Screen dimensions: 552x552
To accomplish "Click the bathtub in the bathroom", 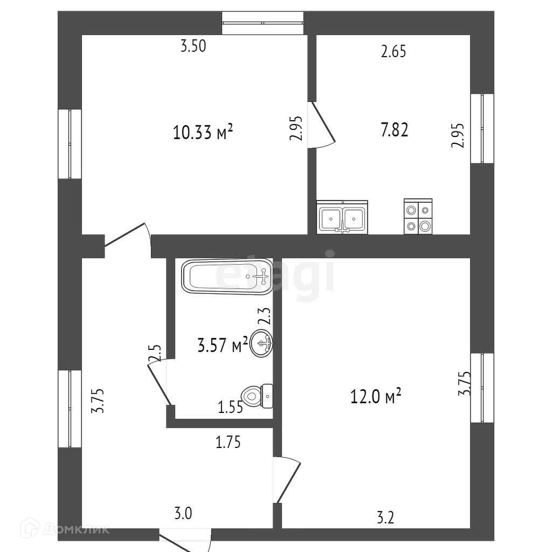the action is point(226,277).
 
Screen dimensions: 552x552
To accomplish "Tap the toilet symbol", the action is point(258,396).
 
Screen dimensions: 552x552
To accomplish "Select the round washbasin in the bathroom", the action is point(263,344).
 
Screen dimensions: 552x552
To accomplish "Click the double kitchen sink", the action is point(342,218).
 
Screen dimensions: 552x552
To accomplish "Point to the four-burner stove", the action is point(418,217).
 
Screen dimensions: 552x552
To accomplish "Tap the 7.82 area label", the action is point(394,130).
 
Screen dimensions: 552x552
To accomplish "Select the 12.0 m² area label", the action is point(376,397).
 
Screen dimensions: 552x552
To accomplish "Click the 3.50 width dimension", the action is point(193,46).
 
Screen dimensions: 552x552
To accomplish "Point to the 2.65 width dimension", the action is point(393,52).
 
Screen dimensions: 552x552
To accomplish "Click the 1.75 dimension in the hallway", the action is point(227,443).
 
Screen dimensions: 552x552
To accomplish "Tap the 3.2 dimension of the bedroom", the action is point(386,519).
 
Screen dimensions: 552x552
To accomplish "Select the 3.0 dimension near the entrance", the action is point(183,514).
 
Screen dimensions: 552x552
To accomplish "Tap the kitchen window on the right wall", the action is point(482,128).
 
